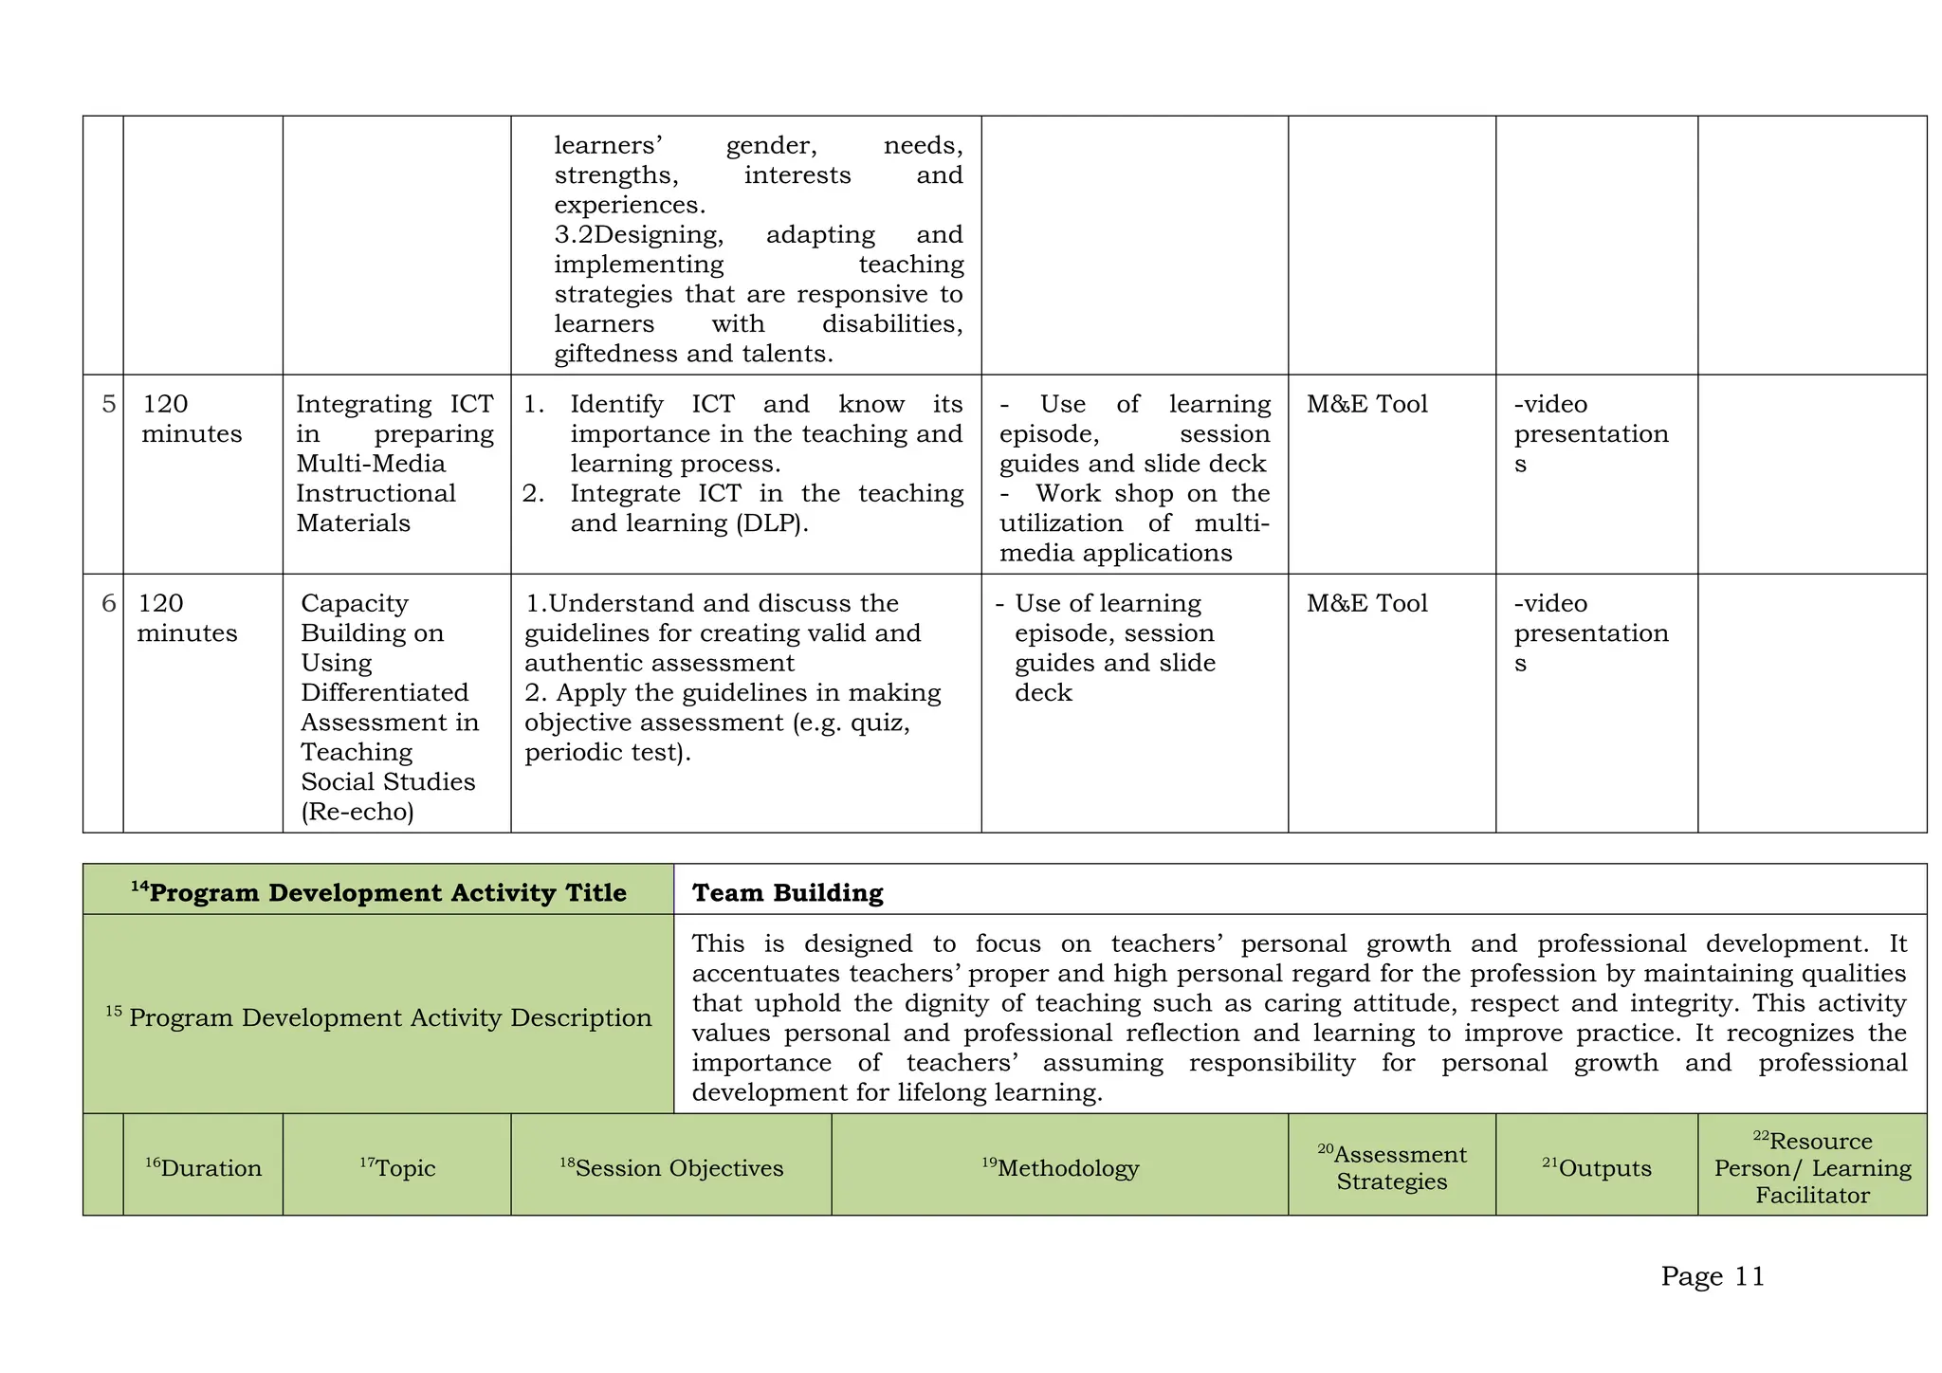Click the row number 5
(109, 404)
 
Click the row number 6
(109, 603)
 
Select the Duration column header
(203, 1167)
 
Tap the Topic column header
(397, 1167)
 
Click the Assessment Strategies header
(1392, 1167)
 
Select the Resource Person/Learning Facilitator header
(1812, 1167)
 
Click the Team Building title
(787, 892)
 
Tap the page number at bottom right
(1713, 1276)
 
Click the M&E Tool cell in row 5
(1366, 404)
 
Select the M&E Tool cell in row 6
(1366, 603)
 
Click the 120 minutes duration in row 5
(191, 419)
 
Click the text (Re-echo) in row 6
(357, 812)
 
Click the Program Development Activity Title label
(378, 892)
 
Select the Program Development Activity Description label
(378, 1017)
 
